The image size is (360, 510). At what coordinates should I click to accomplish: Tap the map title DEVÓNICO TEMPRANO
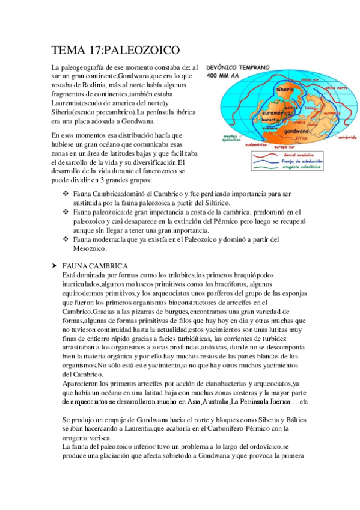(x=239, y=69)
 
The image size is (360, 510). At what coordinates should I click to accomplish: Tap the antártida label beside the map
(x=348, y=137)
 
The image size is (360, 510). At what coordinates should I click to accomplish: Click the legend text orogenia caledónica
(x=299, y=167)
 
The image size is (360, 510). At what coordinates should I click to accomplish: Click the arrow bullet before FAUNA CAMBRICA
(x=55, y=266)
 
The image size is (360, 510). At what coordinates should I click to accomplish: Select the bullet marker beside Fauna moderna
(x=66, y=239)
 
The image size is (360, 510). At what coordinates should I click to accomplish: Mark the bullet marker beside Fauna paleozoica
(x=66, y=212)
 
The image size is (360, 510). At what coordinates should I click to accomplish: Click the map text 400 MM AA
(x=224, y=77)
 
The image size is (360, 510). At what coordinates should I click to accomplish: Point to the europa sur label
(x=285, y=146)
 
